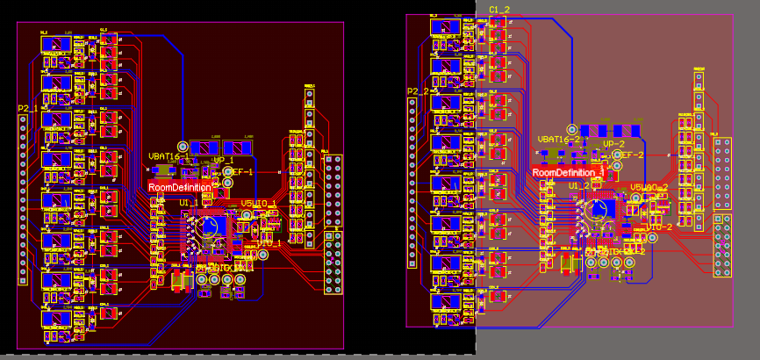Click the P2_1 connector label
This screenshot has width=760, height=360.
point(28,108)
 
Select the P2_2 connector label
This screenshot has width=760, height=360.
point(418,91)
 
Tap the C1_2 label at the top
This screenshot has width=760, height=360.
point(499,10)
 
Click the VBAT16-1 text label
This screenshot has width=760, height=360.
point(168,155)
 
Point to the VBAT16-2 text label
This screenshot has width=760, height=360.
point(559,139)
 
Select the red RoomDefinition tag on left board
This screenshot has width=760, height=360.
point(180,187)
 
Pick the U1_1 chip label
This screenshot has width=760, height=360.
point(189,203)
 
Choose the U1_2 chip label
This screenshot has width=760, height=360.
point(578,186)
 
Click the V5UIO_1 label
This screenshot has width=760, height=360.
point(259,204)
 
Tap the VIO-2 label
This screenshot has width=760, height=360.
point(659,227)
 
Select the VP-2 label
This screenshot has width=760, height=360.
point(613,144)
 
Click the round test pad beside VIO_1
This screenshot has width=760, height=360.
point(262,255)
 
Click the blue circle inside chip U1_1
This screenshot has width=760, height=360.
point(210,226)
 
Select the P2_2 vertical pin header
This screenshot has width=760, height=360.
point(412,182)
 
